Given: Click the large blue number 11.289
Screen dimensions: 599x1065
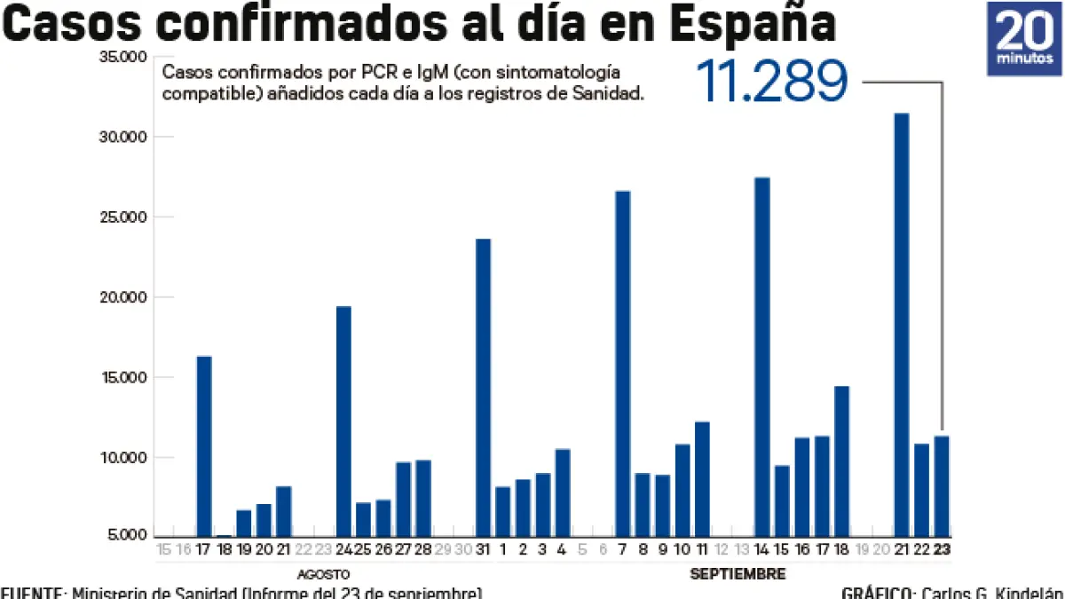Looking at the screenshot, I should (772, 82).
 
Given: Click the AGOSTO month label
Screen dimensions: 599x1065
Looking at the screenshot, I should (323, 574).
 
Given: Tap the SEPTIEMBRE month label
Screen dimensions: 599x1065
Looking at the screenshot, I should (738, 574).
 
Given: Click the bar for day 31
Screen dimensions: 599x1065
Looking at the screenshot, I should (483, 387).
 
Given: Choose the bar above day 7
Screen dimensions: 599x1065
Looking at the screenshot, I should (622, 363).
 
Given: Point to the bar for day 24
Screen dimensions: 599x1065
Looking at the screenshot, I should (343, 421).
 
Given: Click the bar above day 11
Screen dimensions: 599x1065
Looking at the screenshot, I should (702, 478).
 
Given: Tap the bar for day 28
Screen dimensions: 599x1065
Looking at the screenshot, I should (423, 498).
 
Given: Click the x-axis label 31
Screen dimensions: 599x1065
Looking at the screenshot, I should (483, 550).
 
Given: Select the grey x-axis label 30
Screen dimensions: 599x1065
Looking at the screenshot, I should (463, 550).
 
